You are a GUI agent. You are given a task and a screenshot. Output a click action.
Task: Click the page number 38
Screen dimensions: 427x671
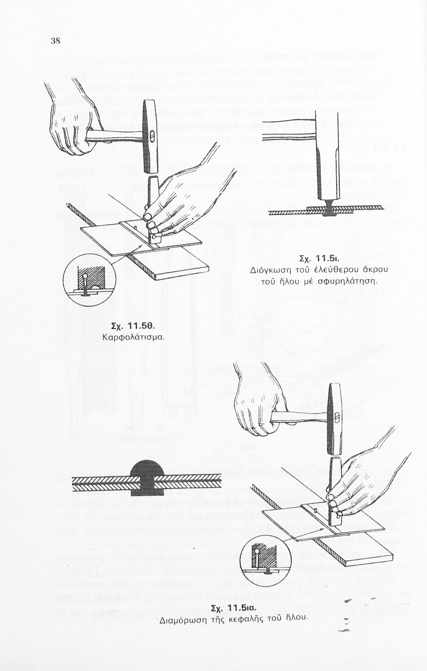(56, 41)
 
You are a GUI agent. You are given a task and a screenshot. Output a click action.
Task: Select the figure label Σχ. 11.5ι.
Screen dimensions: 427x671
(319, 258)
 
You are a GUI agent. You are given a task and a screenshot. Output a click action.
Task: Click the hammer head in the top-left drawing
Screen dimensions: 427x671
(150, 136)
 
